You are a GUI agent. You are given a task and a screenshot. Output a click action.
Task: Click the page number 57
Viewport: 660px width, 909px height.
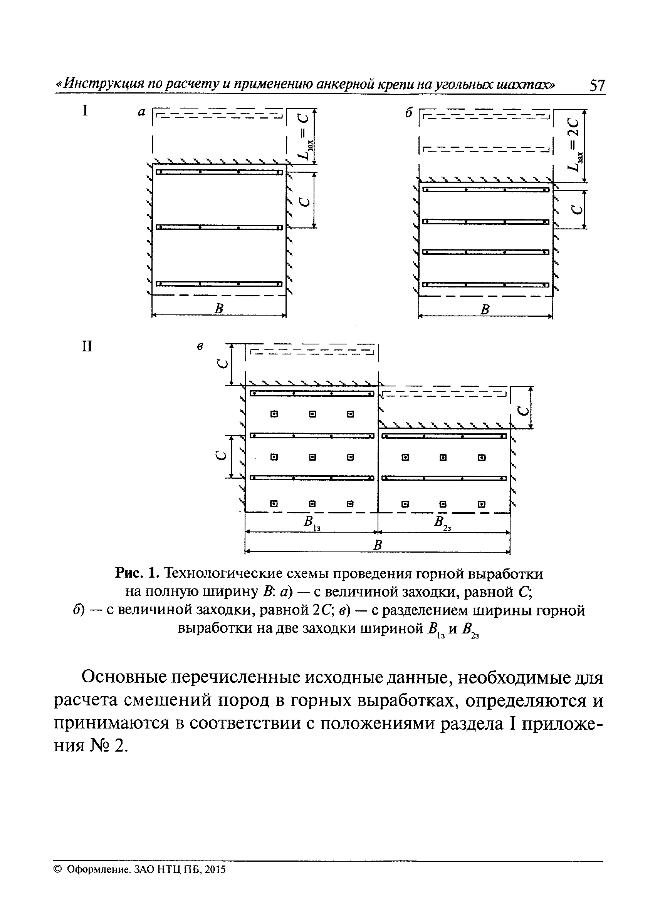(x=596, y=85)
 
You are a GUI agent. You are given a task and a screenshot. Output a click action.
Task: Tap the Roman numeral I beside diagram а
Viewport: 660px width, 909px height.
(x=85, y=110)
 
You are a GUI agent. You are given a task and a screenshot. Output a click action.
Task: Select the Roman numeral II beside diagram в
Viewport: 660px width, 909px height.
(x=87, y=346)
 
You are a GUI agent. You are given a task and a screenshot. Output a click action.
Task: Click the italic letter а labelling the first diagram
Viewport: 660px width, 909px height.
(x=141, y=113)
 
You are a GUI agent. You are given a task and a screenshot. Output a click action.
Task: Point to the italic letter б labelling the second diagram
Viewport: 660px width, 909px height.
(x=408, y=114)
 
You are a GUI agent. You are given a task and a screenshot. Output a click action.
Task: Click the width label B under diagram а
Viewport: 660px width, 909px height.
(x=219, y=309)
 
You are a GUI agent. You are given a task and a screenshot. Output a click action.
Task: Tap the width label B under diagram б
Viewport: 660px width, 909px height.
(x=485, y=309)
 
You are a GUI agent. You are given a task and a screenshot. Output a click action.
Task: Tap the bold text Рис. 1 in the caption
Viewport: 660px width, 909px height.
(x=138, y=574)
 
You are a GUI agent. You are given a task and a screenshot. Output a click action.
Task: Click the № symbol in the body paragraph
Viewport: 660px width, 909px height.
(x=100, y=745)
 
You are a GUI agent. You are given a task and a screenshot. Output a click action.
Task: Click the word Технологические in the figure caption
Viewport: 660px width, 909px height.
(x=226, y=574)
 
